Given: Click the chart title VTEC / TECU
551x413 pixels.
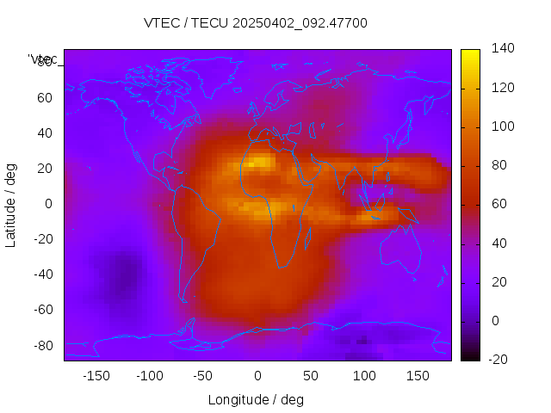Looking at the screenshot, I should [x=255, y=22].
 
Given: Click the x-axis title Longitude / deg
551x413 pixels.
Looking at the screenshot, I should [x=256, y=399].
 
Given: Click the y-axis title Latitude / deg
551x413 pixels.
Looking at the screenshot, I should [x=11, y=204].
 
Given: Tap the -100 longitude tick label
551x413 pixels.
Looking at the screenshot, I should [x=149, y=375].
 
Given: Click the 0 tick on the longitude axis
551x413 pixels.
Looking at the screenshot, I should [x=257, y=375].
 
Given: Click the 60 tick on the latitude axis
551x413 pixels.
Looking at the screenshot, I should [x=44, y=97].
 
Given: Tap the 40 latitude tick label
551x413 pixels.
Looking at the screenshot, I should [x=44, y=133].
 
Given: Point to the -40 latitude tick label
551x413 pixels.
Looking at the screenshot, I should [x=41, y=274].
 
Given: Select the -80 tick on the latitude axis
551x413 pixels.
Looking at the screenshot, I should [x=41, y=345].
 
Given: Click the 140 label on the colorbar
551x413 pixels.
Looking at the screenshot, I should [x=502, y=49].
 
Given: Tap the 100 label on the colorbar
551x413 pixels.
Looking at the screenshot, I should [x=502, y=126].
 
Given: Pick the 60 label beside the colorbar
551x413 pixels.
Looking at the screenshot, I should [x=498, y=204].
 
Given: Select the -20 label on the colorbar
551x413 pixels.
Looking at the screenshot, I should [x=499, y=359].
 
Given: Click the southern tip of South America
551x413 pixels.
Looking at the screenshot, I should [x=184, y=300].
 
